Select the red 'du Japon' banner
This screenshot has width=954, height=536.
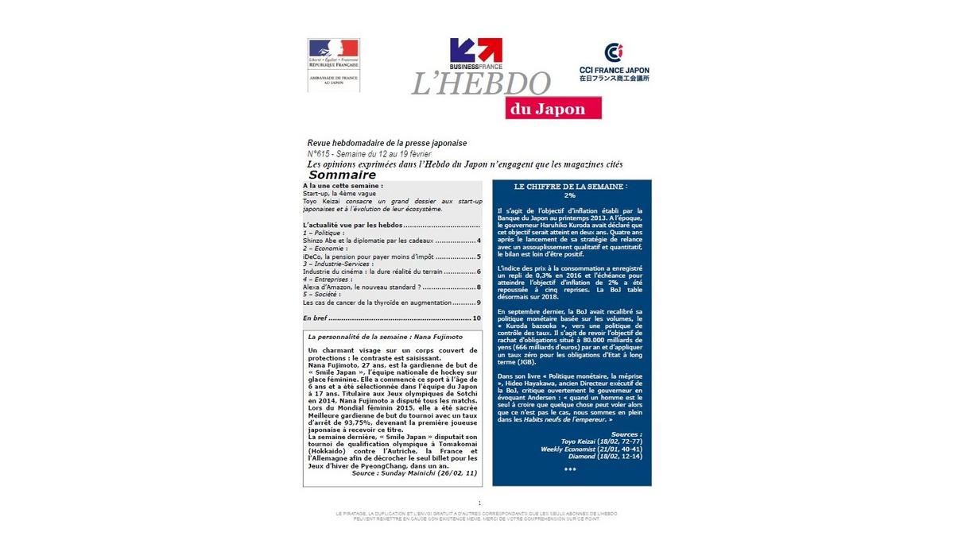(553, 109)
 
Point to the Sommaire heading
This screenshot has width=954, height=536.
(342, 175)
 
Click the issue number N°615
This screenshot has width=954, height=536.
(321, 153)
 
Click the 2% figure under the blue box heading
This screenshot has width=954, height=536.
(569, 195)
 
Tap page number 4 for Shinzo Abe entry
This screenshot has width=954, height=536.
(479, 240)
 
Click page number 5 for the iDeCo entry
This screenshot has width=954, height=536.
(479, 256)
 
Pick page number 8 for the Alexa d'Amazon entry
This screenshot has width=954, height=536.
(479, 287)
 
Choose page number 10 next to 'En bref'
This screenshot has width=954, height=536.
(476, 318)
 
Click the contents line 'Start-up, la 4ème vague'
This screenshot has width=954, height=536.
(339, 194)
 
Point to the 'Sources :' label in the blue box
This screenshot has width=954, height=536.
(626, 434)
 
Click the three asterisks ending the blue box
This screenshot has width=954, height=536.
(570, 469)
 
